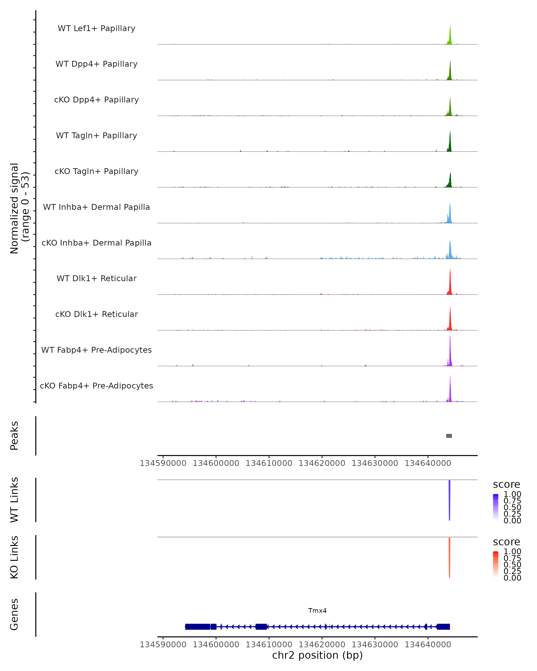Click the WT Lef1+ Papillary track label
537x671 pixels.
click(96, 28)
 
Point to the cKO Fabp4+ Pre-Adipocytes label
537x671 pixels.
click(96, 386)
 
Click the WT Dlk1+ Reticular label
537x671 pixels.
click(96, 278)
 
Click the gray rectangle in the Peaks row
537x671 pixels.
click(449, 436)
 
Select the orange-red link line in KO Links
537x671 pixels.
click(449, 557)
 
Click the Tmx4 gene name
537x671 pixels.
click(317, 611)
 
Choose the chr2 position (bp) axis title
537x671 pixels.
click(317, 655)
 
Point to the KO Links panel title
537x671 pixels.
click(14, 557)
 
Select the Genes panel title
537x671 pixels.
click(14, 614)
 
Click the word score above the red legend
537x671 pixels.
click(506, 542)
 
